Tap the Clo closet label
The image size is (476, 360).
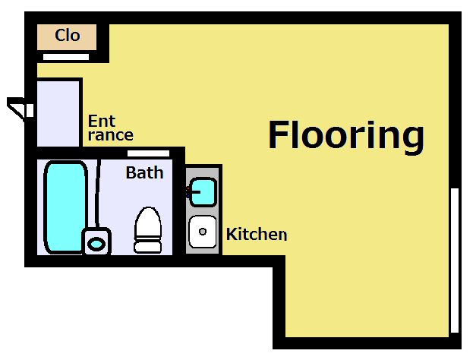coord(68,35)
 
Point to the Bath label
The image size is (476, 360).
coord(144,172)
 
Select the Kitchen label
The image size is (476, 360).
coord(257,234)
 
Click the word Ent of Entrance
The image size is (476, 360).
coord(102,121)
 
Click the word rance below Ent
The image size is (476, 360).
coord(111,135)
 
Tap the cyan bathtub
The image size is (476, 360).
coord(65,207)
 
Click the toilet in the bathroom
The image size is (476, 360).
coord(148,229)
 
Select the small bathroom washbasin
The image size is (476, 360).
coord(96,242)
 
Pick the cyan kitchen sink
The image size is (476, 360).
coord(203,192)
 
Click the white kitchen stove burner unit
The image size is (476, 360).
coord(203,232)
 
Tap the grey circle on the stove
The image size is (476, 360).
coord(203,232)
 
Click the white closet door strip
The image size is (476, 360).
coord(66,57)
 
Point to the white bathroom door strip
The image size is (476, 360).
coord(148,153)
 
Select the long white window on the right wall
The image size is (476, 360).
coord(455,261)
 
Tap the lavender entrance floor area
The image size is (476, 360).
coord(58,114)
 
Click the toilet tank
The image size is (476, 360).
coord(147,247)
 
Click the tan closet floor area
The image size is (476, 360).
coord(67,36)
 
